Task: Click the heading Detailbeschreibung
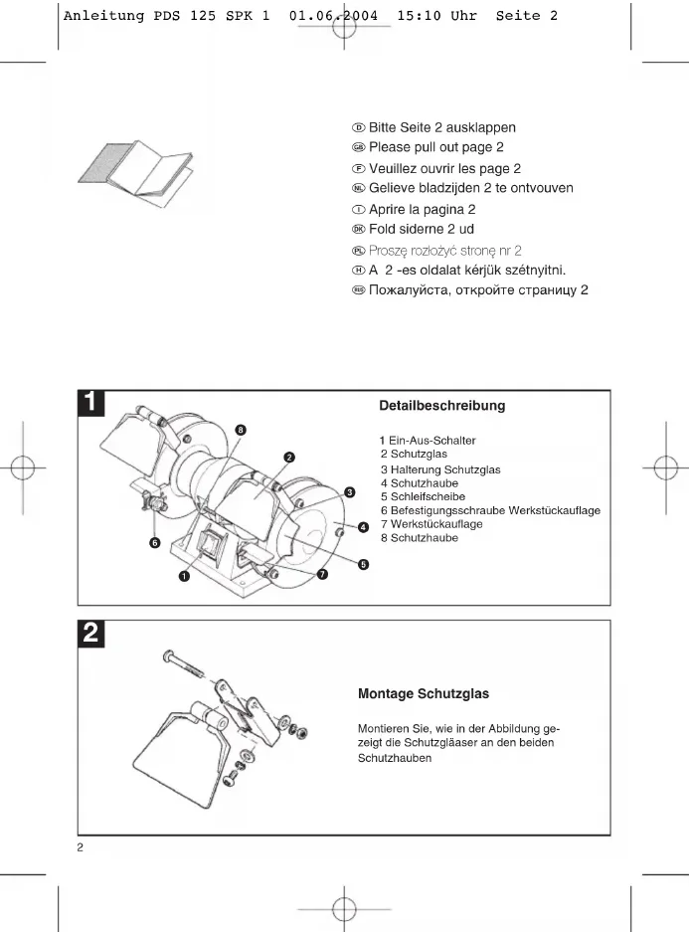[x=441, y=406]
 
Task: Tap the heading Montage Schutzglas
[x=423, y=693]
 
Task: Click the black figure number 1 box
[x=90, y=403]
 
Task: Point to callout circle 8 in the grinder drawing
[x=242, y=430]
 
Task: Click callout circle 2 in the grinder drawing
[x=288, y=458]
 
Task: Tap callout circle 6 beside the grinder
[x=155, y=543]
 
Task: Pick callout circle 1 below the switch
[x=185, y=575]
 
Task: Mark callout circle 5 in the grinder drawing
[x=364, y=565]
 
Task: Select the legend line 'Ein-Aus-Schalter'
[x=428, y=441]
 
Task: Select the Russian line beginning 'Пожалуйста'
[x=470, y=290]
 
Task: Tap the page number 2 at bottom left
[x=81, y=848]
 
